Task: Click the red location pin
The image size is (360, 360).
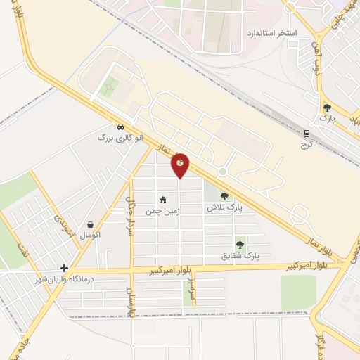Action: click(x=180, y=164)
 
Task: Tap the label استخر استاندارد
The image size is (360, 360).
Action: click(x=272, y=33)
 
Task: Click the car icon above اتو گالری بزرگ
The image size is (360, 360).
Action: click(x=121, y=127)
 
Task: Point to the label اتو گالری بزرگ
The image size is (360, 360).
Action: click(x=120, y=138)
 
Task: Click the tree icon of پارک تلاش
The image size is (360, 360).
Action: click(x=225, y=197)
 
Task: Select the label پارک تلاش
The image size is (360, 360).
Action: click(x=224, y=208)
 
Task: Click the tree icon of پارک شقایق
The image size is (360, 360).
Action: click(x=240, y=245)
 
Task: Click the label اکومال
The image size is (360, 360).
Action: click(x=90, y=234)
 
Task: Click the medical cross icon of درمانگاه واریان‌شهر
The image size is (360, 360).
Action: click(x=64, y=268)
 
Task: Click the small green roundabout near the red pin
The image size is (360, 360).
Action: click(x=222, y=172)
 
